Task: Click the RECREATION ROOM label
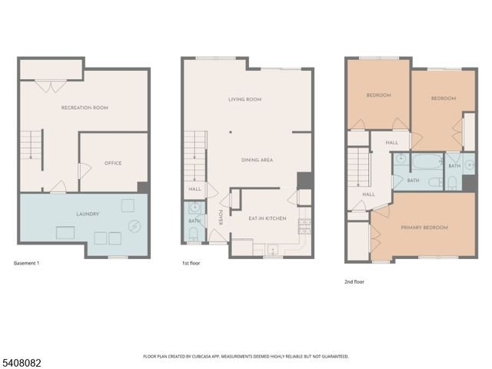pyautogui.click(x=85, y=108)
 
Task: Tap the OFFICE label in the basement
pyautogui.click(x=113, y=163)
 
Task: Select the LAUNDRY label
pyautogui.click(x=85, y=214)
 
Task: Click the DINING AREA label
pyautogui.click(x=257, y=160)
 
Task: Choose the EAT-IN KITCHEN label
pyautogui.click(x=267, y=219)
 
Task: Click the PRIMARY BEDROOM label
pyautogui.click(x=424, y=228)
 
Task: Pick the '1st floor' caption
pyautogui.click(x=192, y=264)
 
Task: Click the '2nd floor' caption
pyautogui.click(x=354, y=282)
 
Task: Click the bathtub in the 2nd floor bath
pyautogui.click(x=424, y=162)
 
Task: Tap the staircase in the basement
pyautogui.click(x=30, y=147)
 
